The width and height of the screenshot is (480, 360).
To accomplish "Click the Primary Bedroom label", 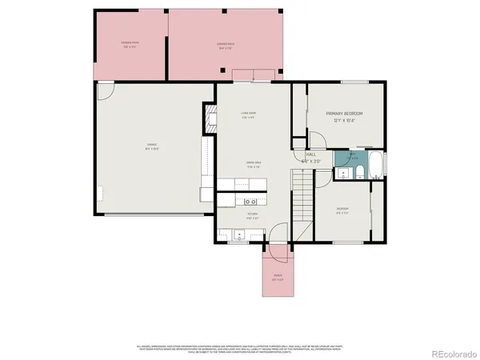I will [x=345, y=114].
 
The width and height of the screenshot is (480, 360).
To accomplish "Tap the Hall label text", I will [x=311, y=154].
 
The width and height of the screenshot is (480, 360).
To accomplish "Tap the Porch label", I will [x=278, y=278].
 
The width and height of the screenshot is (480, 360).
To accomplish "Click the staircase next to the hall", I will [x=303, y=201].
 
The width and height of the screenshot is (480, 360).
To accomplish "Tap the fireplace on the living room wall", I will [x=211, y=121].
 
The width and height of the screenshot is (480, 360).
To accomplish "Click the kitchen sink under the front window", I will [x=238, y=234].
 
